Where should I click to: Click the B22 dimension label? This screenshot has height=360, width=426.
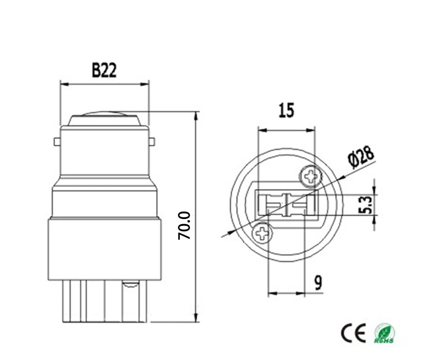(104, 70)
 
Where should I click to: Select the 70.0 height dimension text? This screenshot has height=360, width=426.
(184, 225)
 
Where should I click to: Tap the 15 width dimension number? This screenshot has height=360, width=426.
(286, 111)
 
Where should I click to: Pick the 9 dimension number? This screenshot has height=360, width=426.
(318, 283)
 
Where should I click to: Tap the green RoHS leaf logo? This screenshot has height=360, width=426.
(384, 333)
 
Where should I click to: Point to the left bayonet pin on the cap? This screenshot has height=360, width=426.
(57, 141)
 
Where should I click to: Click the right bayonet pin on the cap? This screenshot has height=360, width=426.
(152, 141)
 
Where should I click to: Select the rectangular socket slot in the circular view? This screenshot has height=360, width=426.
(286, 204)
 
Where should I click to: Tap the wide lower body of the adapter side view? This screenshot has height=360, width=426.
(104, 249)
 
